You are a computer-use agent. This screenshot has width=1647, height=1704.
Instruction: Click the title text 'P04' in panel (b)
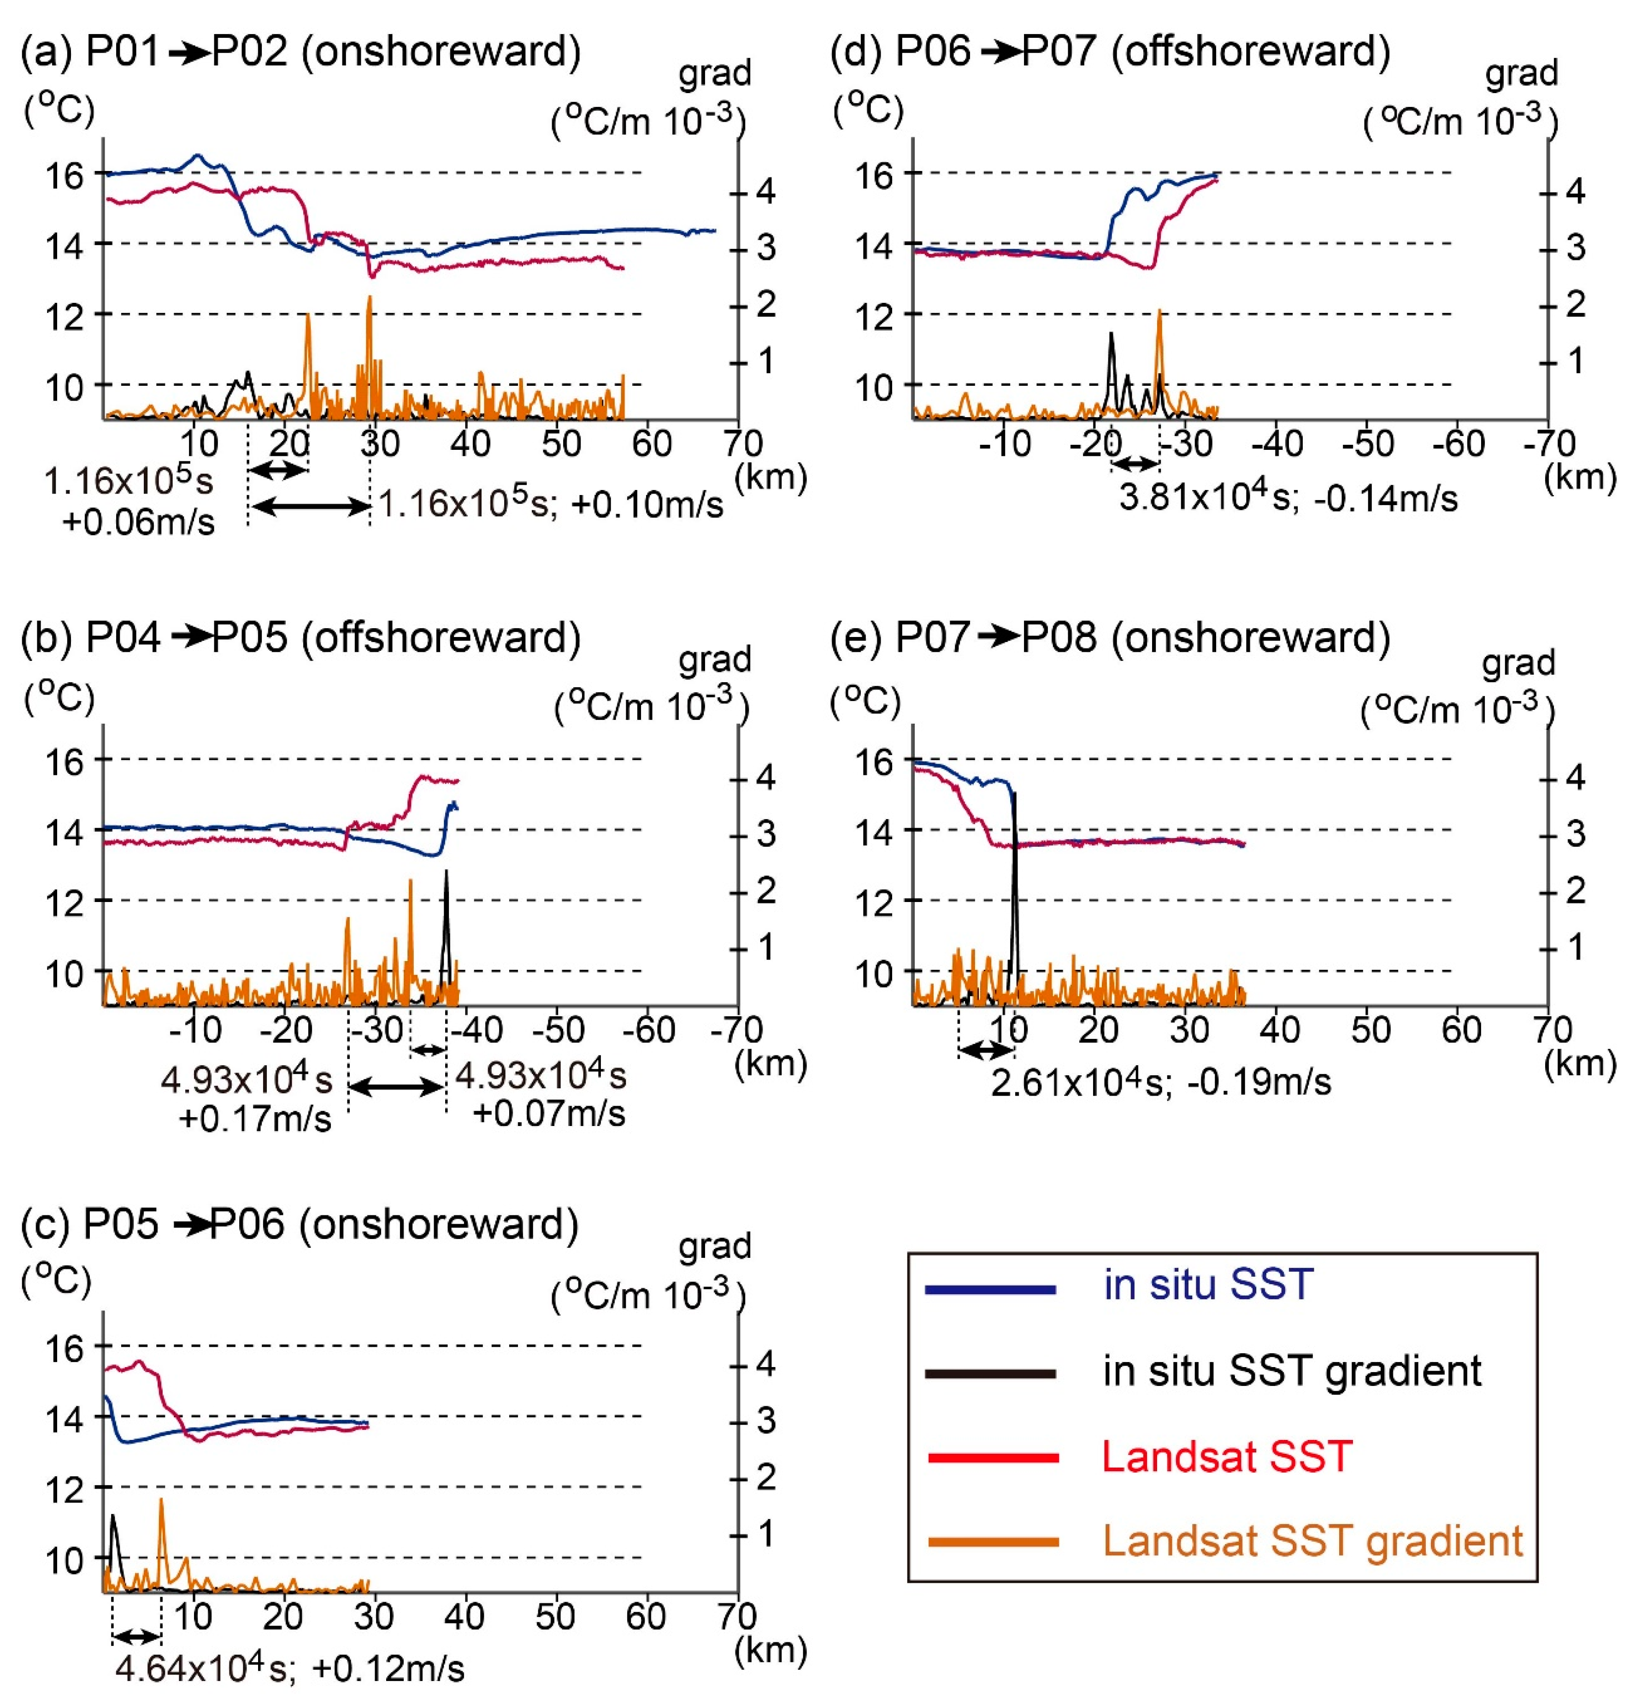pos(124,638)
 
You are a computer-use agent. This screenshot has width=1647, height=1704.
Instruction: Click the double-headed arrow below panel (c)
pos(136,1637)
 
